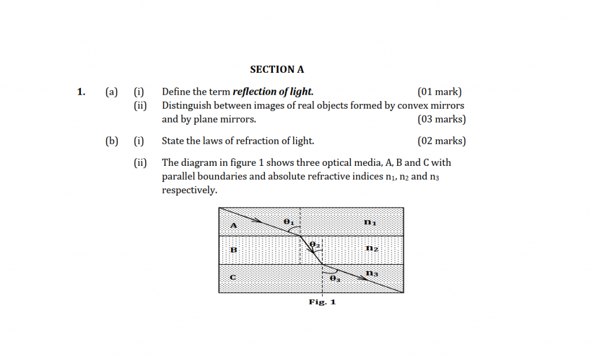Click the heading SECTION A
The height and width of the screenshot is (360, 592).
pos(277,69)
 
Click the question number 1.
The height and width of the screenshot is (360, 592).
pos(81,91)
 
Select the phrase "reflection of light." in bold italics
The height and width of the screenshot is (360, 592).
pos(273,91)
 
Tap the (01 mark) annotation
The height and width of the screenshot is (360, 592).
pos(439,91)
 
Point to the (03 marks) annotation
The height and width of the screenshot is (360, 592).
pos(441,120)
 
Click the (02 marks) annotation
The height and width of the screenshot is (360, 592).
pos(441,141)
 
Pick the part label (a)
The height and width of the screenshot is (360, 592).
pos(112,91)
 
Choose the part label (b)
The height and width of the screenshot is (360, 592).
pos(112,141)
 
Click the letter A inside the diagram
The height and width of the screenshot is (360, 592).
pos(234,225)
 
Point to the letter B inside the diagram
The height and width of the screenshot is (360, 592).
pos(234,250)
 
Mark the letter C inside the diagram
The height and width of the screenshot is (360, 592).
pos(233,277)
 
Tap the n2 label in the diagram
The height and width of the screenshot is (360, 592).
pos(372,248)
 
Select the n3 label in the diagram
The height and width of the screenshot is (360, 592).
pos(372,273)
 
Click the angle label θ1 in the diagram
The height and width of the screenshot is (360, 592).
pos(289,221)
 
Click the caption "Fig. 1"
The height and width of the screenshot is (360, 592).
pos(322,302)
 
